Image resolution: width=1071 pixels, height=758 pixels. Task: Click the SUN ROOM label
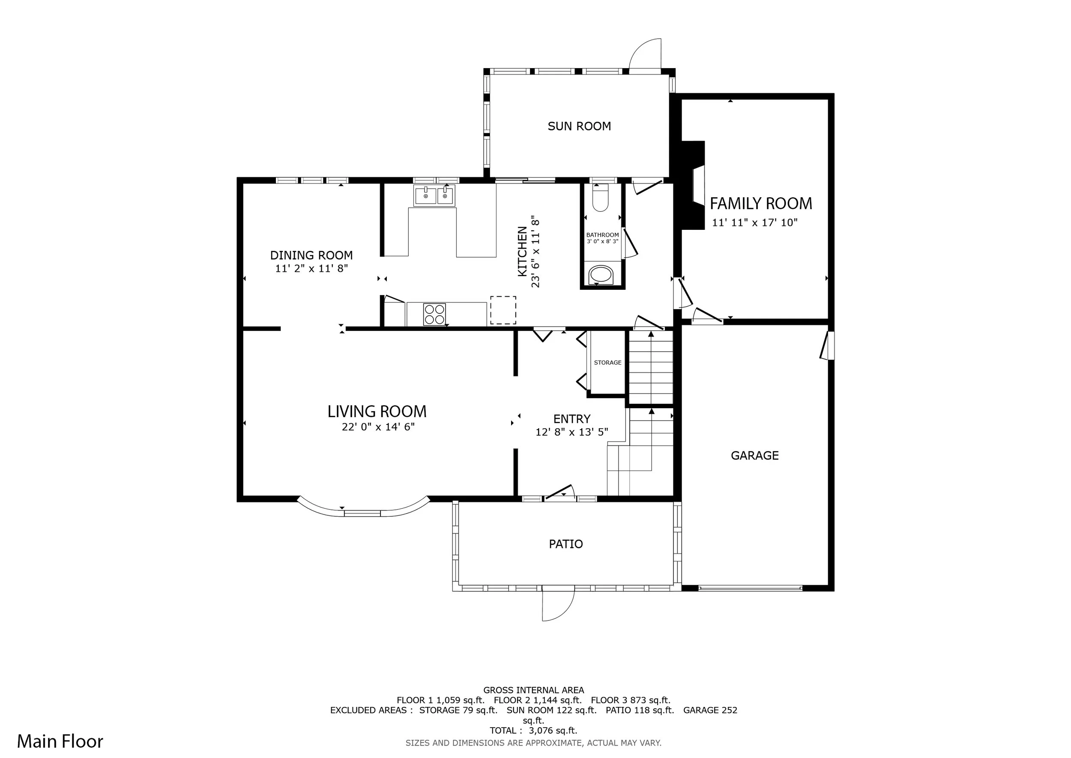point(579,126)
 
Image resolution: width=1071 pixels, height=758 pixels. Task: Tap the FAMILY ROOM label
point(761,204)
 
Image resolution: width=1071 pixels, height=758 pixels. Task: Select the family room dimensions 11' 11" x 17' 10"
point(755,223)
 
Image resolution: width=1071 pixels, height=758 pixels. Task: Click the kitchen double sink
point(434,196)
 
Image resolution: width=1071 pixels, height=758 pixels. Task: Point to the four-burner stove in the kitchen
point(434,314)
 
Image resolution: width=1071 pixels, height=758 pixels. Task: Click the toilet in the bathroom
point(600,198)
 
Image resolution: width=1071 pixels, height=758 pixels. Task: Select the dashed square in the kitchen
point(503,310)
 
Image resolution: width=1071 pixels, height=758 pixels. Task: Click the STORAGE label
point(607,363)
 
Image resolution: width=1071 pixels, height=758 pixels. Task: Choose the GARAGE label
point(755,456)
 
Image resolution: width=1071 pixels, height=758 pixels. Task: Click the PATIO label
point(566,544)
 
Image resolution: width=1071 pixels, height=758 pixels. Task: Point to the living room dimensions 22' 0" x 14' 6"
point(378,427)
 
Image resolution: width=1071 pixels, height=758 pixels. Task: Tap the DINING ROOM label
point(311,256)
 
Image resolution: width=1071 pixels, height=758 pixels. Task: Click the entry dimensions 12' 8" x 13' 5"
point(571,432)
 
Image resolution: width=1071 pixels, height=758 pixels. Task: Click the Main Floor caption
point(60,741)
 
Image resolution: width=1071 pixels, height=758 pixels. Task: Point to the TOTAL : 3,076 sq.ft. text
point(534,731)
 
